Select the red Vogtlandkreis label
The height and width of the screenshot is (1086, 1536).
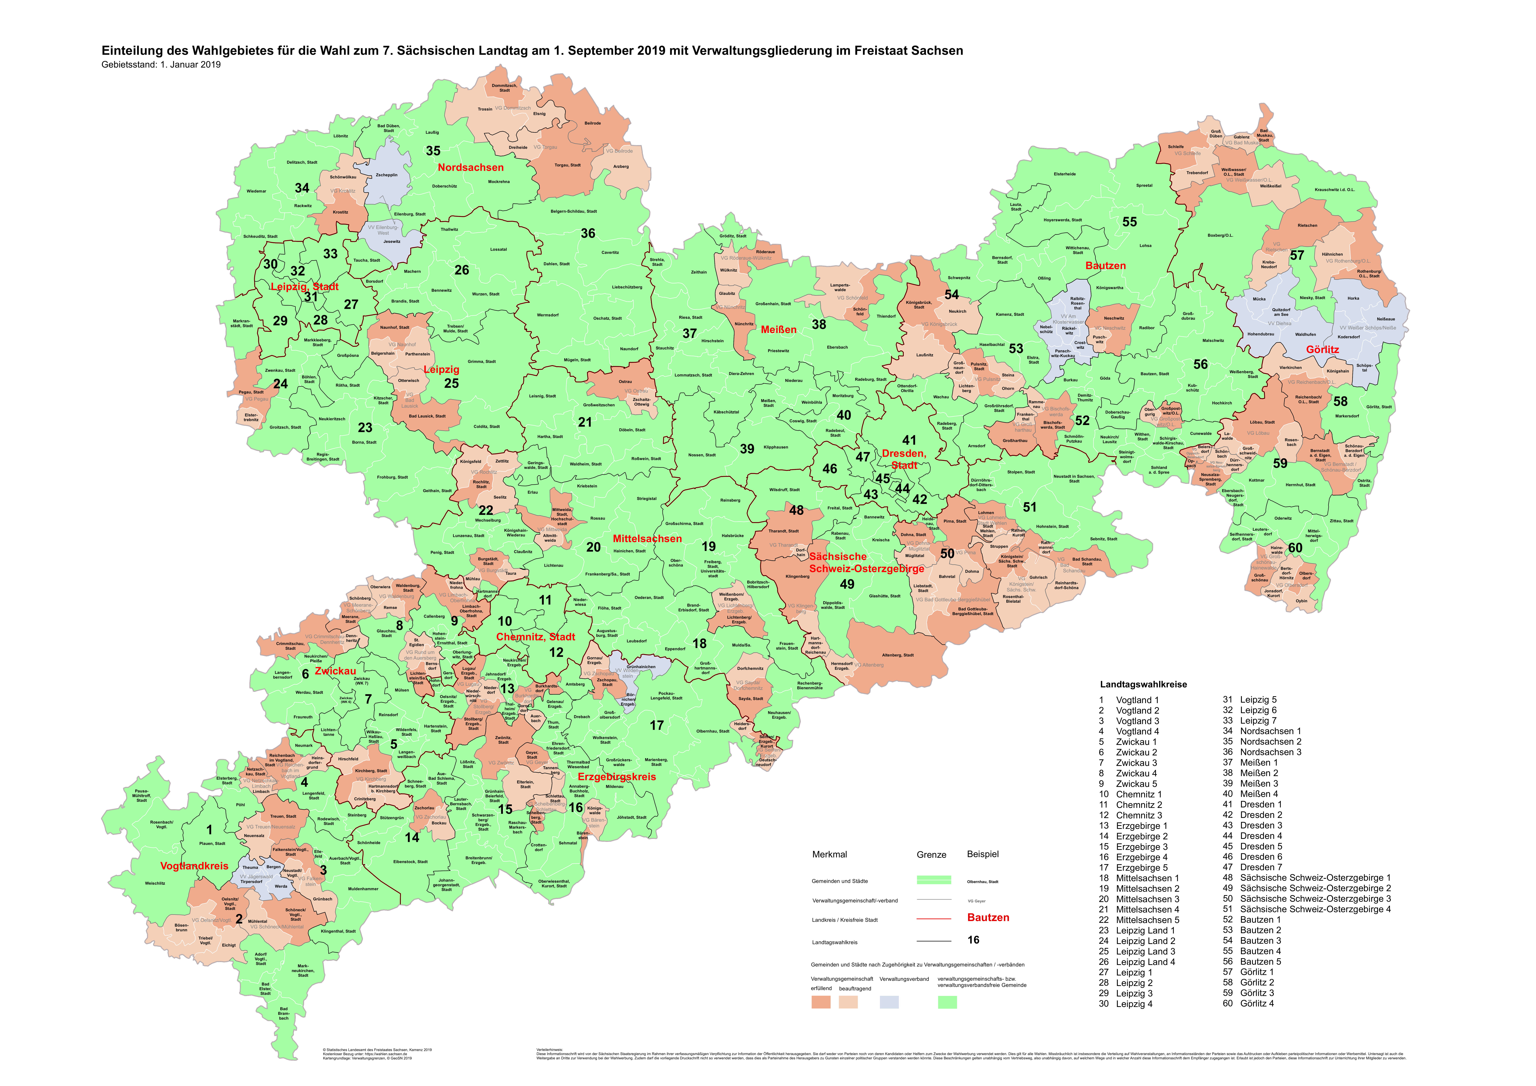[194, 866]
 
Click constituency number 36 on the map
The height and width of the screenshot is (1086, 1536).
[588, 233]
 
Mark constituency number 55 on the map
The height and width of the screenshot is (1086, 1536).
[1129, 222]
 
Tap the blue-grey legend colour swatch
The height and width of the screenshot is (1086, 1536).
[889, 1002]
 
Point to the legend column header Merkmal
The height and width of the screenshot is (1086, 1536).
[830, 855]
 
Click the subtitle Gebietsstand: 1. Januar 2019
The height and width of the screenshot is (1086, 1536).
[161, 65]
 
